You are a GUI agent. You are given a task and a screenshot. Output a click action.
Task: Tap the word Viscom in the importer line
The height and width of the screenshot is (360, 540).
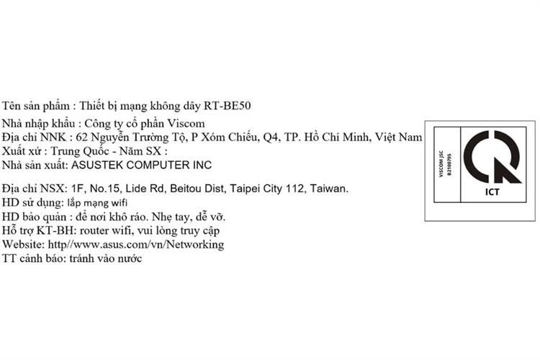(x=190, y=122)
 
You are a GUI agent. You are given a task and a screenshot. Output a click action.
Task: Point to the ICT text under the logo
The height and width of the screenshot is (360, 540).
(x=492, y=193)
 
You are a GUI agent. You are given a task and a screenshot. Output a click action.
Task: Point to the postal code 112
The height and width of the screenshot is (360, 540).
(x=302, y=189)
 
